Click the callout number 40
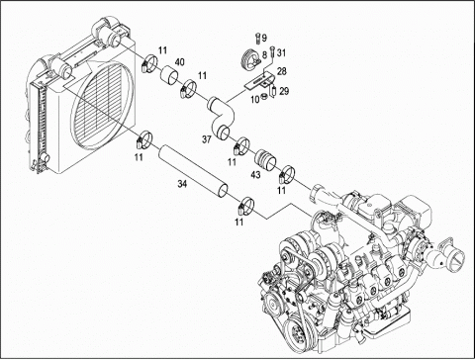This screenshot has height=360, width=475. click(x=179, y=63)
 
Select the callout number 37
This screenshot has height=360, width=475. click(x=206, y=139)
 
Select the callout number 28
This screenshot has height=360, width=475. click(x=281, y=72)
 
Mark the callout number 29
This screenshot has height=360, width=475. click(x=283, y=91)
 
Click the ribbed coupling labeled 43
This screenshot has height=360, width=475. click(x=264, y=156)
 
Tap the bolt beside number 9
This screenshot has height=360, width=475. click(x=257, y=39)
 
